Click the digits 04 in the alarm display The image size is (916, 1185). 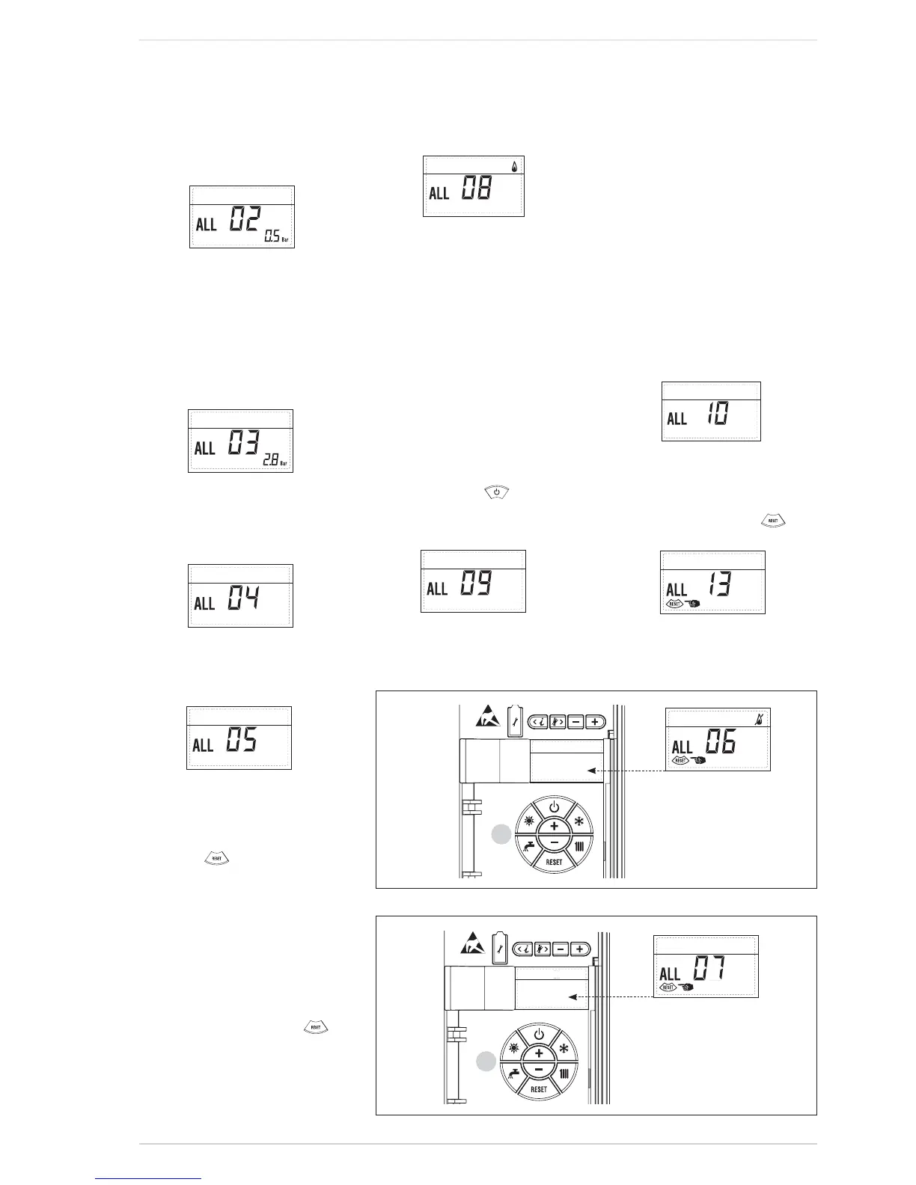244,599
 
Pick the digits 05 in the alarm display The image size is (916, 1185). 242,741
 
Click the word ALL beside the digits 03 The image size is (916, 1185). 204,448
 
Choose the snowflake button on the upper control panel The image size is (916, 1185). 578,821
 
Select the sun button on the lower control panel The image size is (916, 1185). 513,1049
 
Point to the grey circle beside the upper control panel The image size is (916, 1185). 501,834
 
